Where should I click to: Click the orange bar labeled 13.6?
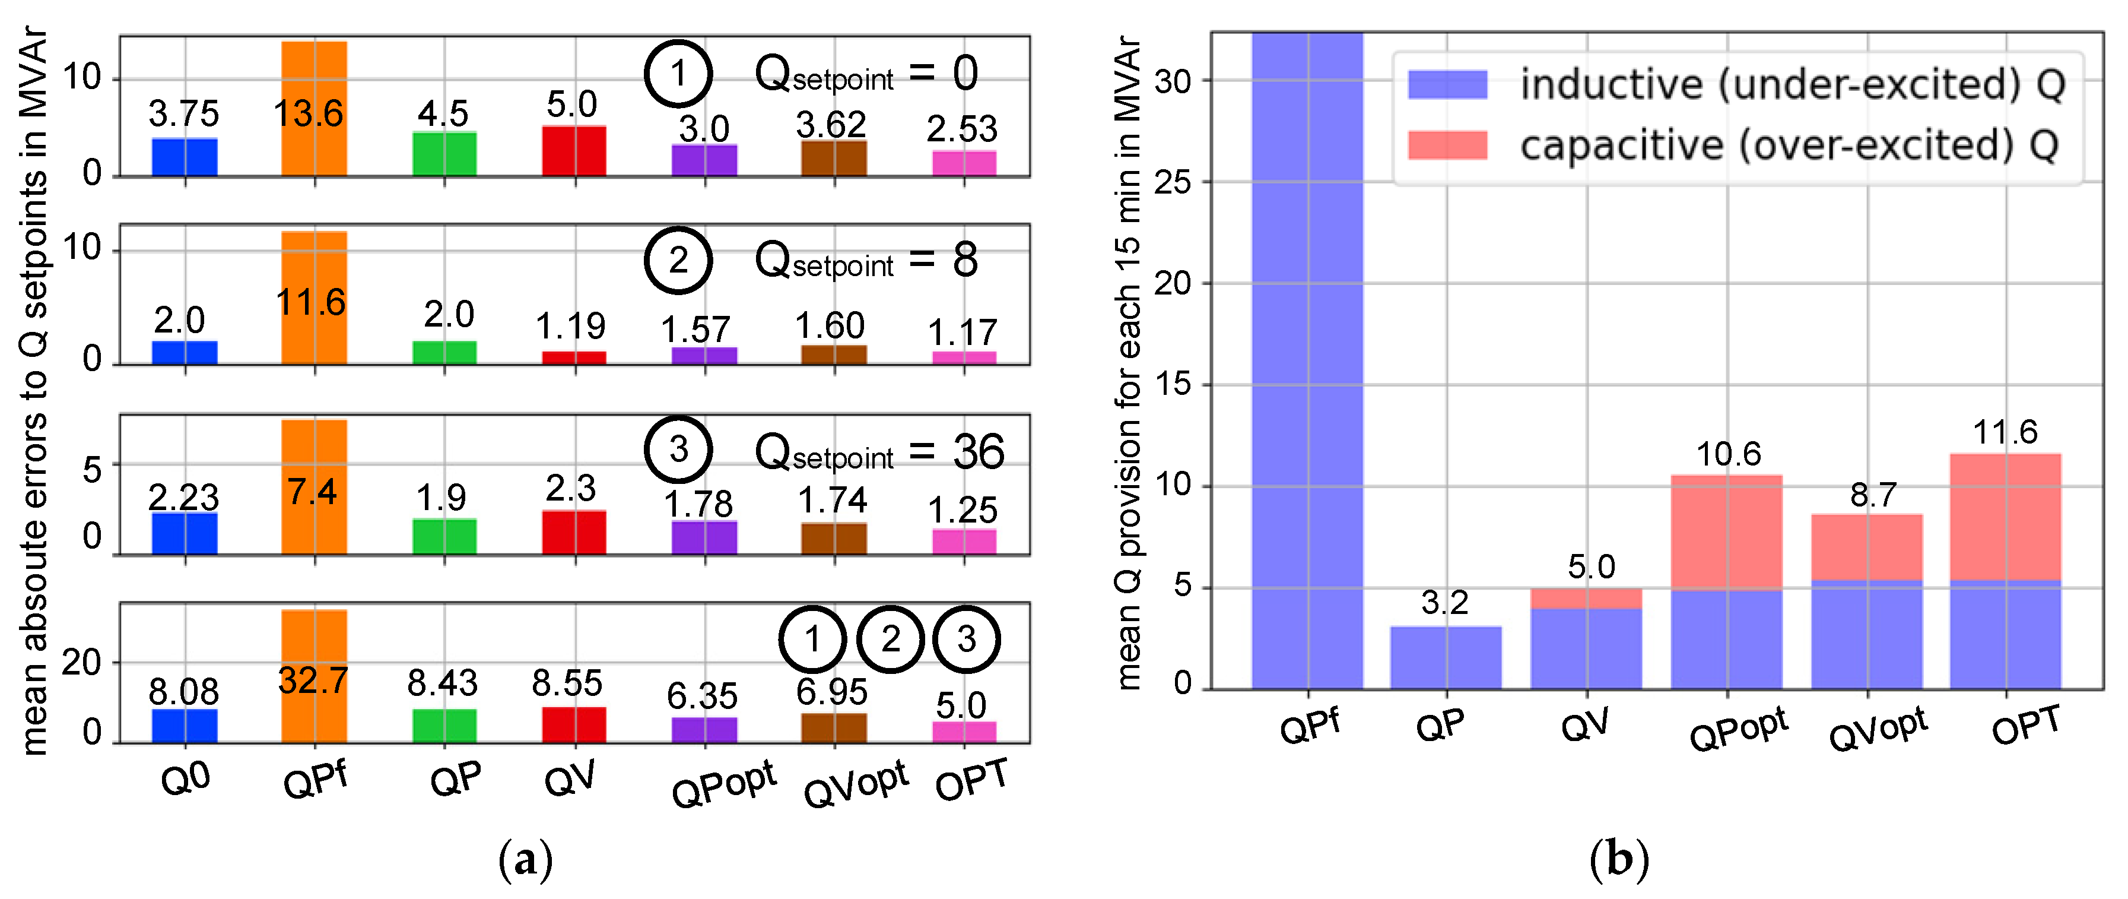coord(314,108)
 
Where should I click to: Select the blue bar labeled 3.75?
coord(184,157)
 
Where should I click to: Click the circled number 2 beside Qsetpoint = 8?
coord(678,260)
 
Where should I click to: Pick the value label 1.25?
coord(963,510)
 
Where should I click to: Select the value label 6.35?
coord(701,696)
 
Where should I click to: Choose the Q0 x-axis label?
coord(186,778)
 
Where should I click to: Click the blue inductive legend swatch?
coord(1447,84)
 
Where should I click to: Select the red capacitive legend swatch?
coord(1447,145)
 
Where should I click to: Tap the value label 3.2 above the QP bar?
coord(1445,602)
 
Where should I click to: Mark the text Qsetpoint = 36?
coord(880,452)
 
